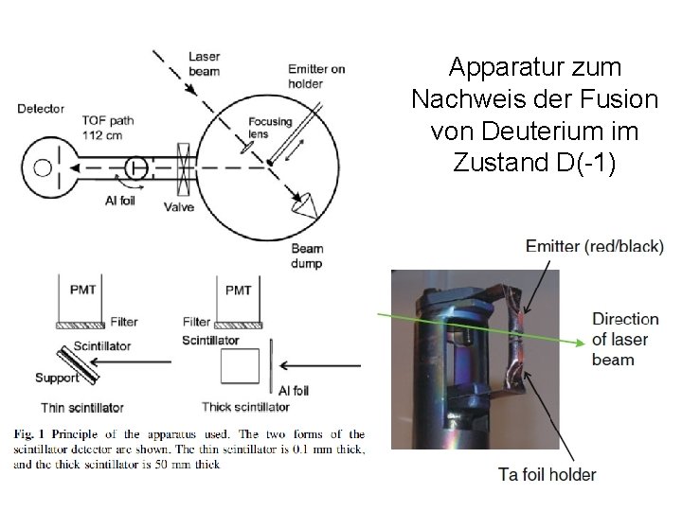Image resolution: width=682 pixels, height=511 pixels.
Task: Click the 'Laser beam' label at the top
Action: pyautogui.click(x=204, y=63)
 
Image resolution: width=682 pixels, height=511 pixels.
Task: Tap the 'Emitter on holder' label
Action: pyautogui.click(x=317, y=76)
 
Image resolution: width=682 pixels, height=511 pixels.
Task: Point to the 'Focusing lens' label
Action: pyautogui.click(x=271, y=129)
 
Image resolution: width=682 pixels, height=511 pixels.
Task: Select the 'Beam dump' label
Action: pyautogui.click(x=307, y=255)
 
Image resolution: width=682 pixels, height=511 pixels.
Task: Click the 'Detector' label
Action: pyautogui.click(x=41, y=109)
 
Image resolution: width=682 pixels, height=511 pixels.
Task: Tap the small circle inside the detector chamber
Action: pyautogui.click(x=42, y=168)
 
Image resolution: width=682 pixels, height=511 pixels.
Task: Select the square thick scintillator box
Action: pyautogui.click(x=238, y=367)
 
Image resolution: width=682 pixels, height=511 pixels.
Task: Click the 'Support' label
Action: pyautogui.click(x=56, y=379)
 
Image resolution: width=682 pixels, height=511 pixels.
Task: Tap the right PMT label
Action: pyautogui.click(x=237, y=289)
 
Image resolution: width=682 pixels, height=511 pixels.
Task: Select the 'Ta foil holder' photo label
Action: pyautogui.click(x=547, y=474)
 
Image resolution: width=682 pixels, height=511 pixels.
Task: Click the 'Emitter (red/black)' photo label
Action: pyautogui.click(x=595, y=247)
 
